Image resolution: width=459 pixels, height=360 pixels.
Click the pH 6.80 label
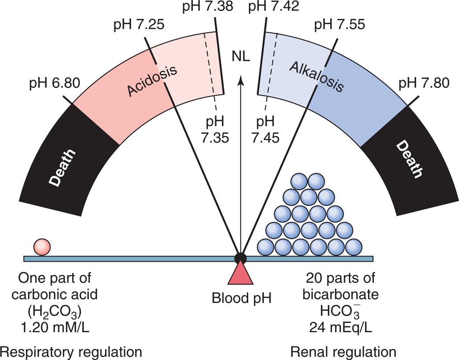(x=55, y=83)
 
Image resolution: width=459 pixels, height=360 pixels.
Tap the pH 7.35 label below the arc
(x=215, y=130)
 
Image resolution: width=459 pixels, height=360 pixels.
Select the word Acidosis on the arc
(x=152, y=79)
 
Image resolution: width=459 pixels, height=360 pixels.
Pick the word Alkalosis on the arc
(x=316, y=77)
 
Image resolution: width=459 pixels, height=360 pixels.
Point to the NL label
(x=240, y=56)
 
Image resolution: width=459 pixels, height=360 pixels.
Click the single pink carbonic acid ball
(x=42, y=247)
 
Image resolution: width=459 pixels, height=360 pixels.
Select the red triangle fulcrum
(x=240, y=274)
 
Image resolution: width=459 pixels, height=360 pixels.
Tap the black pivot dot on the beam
(x=240, y=258)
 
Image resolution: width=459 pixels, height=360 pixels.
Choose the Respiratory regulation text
(x=71, y=352)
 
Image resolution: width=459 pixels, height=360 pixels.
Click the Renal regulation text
(x=343, y=352)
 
